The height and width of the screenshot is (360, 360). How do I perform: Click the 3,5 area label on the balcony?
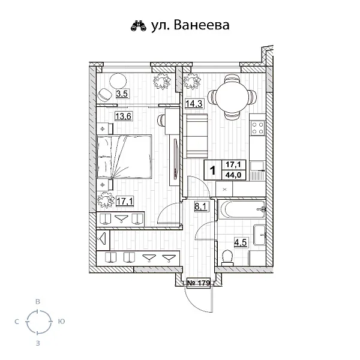[x=122, y=94]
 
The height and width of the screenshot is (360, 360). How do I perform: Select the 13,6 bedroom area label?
[x=124, y=116]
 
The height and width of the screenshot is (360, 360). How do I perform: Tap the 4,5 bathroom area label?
[x=240, y=243]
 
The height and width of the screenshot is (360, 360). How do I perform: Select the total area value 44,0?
[x=232, y=175]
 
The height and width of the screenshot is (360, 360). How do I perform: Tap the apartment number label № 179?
[x=197, y=283]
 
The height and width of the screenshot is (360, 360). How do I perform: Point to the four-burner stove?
[x=258, y=128]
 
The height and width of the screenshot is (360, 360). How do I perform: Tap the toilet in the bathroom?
[x=227, y=257]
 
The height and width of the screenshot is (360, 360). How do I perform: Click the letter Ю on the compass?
[x=61, y=322]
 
